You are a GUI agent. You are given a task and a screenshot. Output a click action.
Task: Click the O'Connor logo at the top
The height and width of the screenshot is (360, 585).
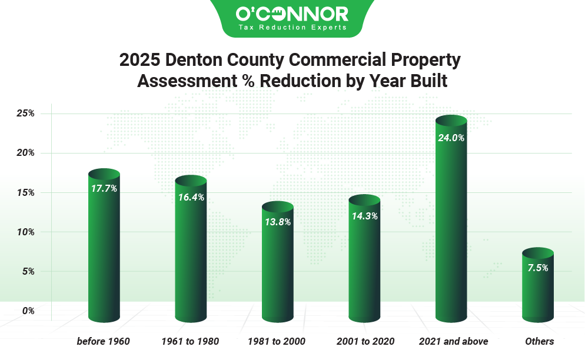tap(291, 14)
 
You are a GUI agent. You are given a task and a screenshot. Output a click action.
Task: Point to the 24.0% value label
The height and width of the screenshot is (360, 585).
tap(451, 138)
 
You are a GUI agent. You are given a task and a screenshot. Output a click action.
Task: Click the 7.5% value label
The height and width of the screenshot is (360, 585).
tap(538, 268)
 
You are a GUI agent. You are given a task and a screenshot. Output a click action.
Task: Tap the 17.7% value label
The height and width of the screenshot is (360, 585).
tap(104, 189)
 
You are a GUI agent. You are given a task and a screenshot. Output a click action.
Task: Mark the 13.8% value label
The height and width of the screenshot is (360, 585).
tap(277, 222)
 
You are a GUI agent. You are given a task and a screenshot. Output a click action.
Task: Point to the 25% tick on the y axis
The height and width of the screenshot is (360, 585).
tap(25, 114)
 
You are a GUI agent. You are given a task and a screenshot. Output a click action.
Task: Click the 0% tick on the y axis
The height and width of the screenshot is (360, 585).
tap(28, 311)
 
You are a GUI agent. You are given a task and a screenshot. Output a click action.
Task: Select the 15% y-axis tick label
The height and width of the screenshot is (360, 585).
tap(25, 192)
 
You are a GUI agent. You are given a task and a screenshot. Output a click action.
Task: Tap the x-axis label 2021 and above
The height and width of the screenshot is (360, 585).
tap(453, 341)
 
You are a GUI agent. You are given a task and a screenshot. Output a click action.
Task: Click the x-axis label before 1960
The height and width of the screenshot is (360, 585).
tap(103, 341)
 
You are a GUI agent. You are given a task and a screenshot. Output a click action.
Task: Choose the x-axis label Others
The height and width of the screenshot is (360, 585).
tap(539, 341)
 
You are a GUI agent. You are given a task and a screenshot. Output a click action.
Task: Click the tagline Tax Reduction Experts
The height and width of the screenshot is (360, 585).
tap(292, 28)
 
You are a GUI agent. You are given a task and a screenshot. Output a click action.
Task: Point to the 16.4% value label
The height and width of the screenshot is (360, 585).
tap(191, 198)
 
